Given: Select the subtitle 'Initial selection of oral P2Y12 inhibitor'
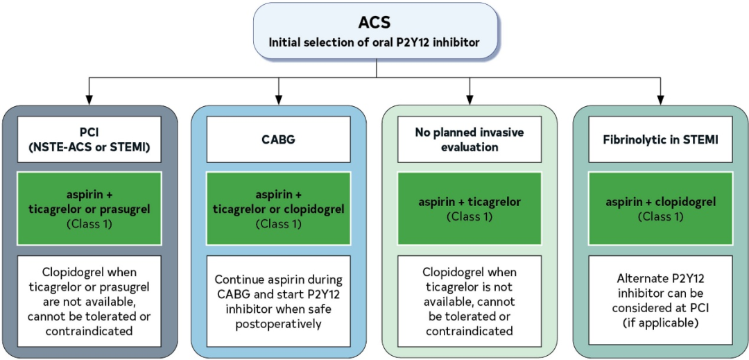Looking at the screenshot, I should [374, 43].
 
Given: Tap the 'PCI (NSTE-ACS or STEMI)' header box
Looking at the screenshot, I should [87, 139].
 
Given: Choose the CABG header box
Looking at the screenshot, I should [278, 139].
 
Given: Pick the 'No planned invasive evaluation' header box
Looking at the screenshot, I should [469, 139].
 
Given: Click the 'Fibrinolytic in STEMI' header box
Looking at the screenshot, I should [660, 139].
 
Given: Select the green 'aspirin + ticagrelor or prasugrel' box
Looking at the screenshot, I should [87, 209].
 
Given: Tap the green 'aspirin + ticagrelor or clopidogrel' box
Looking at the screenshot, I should [278, 209].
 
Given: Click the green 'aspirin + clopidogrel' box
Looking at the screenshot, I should [660, 209].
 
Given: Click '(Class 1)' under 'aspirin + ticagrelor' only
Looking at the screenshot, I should [469, 216].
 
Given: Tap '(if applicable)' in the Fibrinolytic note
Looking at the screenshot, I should [660, 323].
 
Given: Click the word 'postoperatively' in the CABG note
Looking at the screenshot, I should [278, 323].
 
